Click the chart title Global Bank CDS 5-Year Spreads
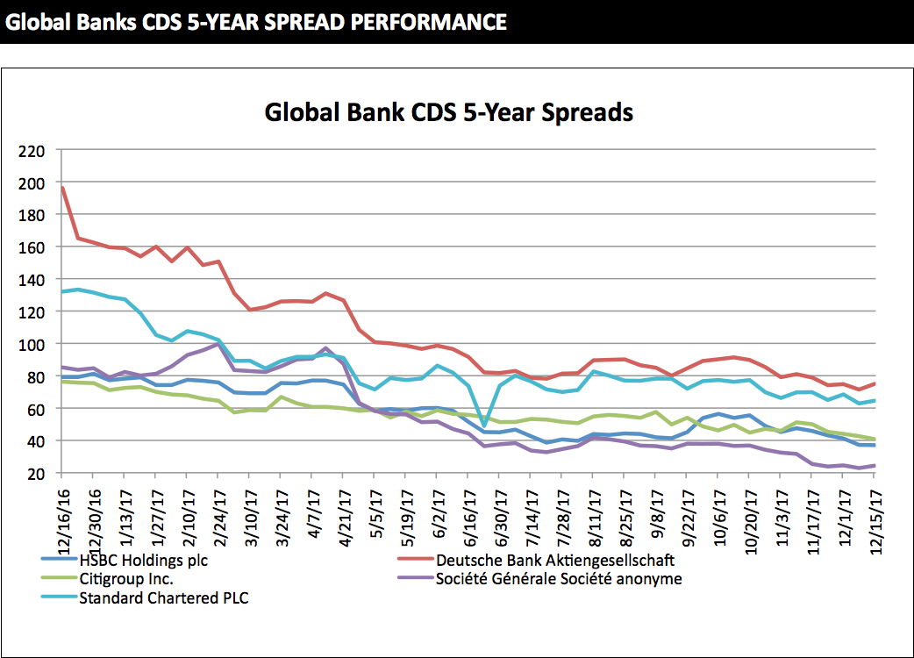point(448,112)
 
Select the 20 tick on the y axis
point(35,473)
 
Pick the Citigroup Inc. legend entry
point(131,578)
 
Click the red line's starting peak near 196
point(62,187)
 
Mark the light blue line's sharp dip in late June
point(484,426)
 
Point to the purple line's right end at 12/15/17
point(875,466)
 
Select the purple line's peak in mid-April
point(326,348)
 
